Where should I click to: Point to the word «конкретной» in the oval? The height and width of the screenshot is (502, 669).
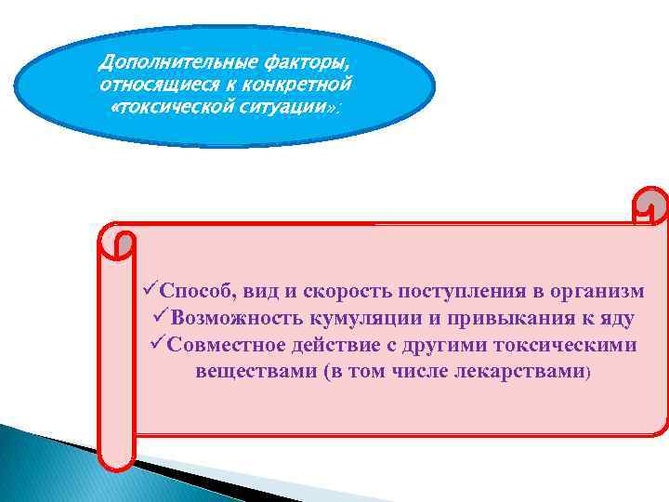pyautogui.click(x=300, y=86)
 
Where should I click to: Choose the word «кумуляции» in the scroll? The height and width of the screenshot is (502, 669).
pyautogui.click(x=361, y=318)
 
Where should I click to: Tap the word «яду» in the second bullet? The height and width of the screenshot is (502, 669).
pyautogui.click(x=618, y=318)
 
